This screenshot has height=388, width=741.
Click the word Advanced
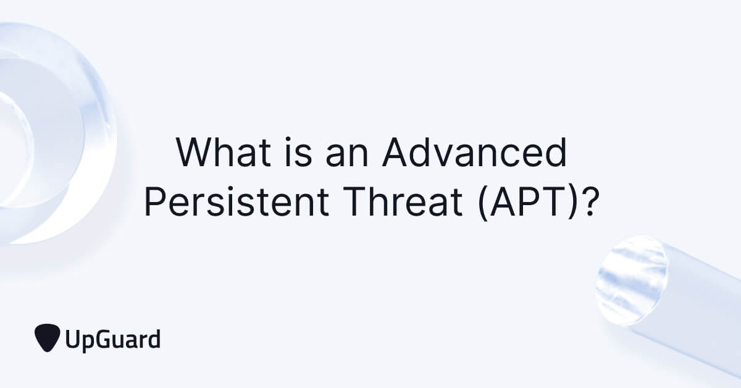click(x=474, y=154)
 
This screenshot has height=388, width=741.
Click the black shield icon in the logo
click(x=47, y=337)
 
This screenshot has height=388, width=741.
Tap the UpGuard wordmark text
click(x=112, y=340)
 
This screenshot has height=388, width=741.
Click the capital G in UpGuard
click(x=103, y=339)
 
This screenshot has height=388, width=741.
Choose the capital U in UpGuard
click(x=72, y=339)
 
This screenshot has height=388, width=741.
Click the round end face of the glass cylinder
click(x=631, y=279)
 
